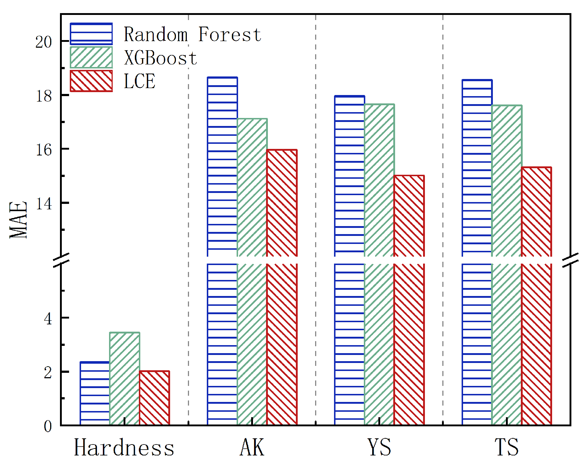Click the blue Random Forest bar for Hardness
tap(95, 394)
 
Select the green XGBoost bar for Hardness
tap(125, 379)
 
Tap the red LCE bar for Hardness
tap(154, 398)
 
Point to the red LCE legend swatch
tap(91, 81)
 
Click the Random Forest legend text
tap(192, 35)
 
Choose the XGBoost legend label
tap(160, 58)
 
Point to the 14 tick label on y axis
tap(44, 204)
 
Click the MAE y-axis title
tap(19, 220)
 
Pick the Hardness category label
tap(124, 448)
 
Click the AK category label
tap(252, 448)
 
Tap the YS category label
tap(379, 448)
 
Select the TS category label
tap(506, 448)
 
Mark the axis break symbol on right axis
tap(570, 260)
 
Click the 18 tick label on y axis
tap(44, 96)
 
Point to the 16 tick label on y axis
tap(44, 150)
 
